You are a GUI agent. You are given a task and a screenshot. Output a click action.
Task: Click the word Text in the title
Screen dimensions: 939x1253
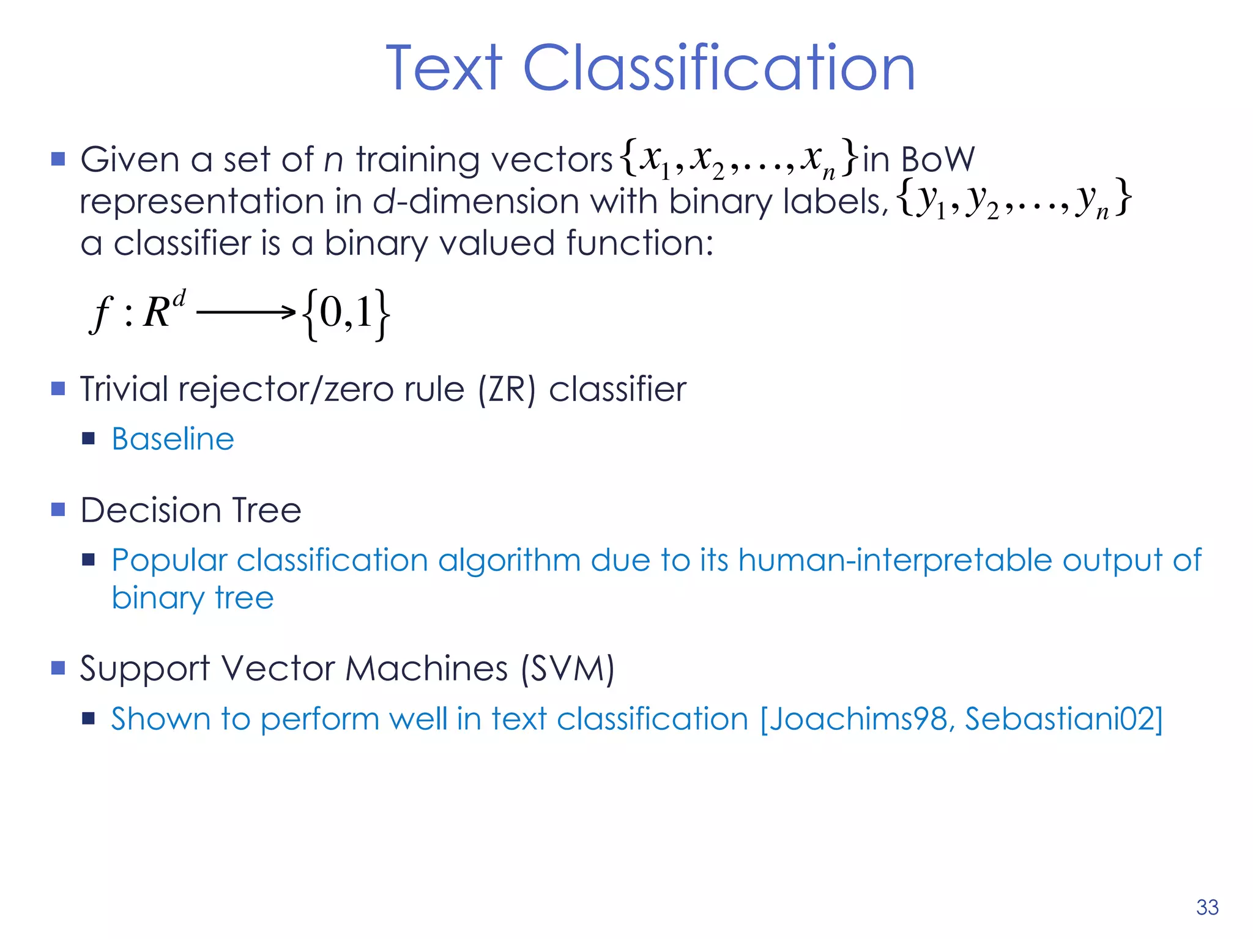444,68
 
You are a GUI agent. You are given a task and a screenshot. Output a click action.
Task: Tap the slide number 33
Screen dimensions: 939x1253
1207,907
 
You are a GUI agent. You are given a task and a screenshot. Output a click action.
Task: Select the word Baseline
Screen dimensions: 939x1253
173,439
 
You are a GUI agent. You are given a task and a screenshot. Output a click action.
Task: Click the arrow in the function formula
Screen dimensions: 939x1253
246,312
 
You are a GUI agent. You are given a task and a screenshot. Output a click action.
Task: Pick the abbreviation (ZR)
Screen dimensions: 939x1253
507,389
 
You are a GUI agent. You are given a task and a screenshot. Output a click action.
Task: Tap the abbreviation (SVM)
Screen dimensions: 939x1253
567,668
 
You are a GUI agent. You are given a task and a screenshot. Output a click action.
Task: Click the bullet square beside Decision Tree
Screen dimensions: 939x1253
58,510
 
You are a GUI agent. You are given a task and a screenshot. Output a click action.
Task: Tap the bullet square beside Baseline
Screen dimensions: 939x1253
89,438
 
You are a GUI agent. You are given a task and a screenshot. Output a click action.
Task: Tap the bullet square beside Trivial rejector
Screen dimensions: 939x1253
58,389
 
